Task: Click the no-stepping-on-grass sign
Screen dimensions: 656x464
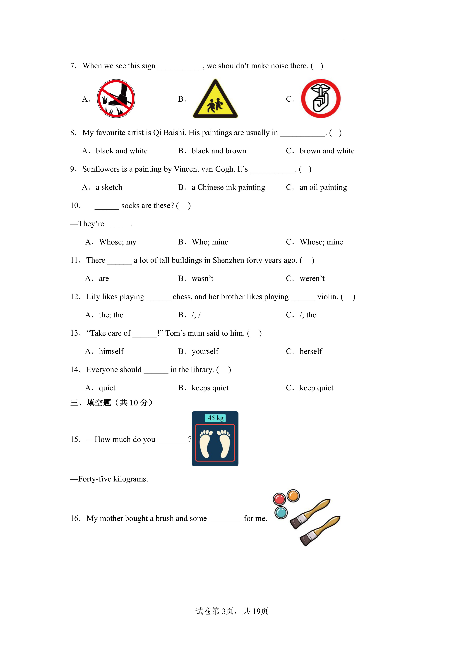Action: click(116, 99)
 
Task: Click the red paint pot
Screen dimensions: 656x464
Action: click(279, 499)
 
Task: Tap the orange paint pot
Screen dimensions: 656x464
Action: click(293, 496)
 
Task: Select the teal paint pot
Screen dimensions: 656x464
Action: click(281, 513)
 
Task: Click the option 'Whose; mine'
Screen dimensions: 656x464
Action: click(321, 242)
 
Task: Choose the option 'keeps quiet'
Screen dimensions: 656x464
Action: click(210, 388)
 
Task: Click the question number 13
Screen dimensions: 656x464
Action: click(75, 333)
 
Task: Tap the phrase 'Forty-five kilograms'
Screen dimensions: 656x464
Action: click(113, 479)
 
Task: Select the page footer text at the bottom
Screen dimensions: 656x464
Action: click(232, 611)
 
